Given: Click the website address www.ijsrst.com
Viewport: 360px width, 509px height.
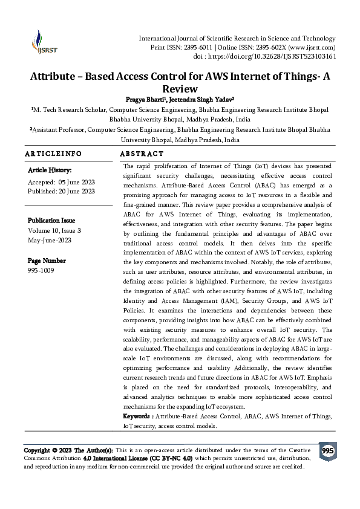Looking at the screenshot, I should coord(313,47).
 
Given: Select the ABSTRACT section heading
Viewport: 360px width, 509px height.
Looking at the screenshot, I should coord(142,154).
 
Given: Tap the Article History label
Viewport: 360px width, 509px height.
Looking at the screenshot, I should coord(50,170).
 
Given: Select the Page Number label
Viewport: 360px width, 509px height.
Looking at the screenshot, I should coord(47,261).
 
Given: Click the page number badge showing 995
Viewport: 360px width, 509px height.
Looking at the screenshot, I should coord(327,452).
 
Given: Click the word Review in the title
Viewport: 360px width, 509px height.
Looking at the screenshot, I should coord(180,89).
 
